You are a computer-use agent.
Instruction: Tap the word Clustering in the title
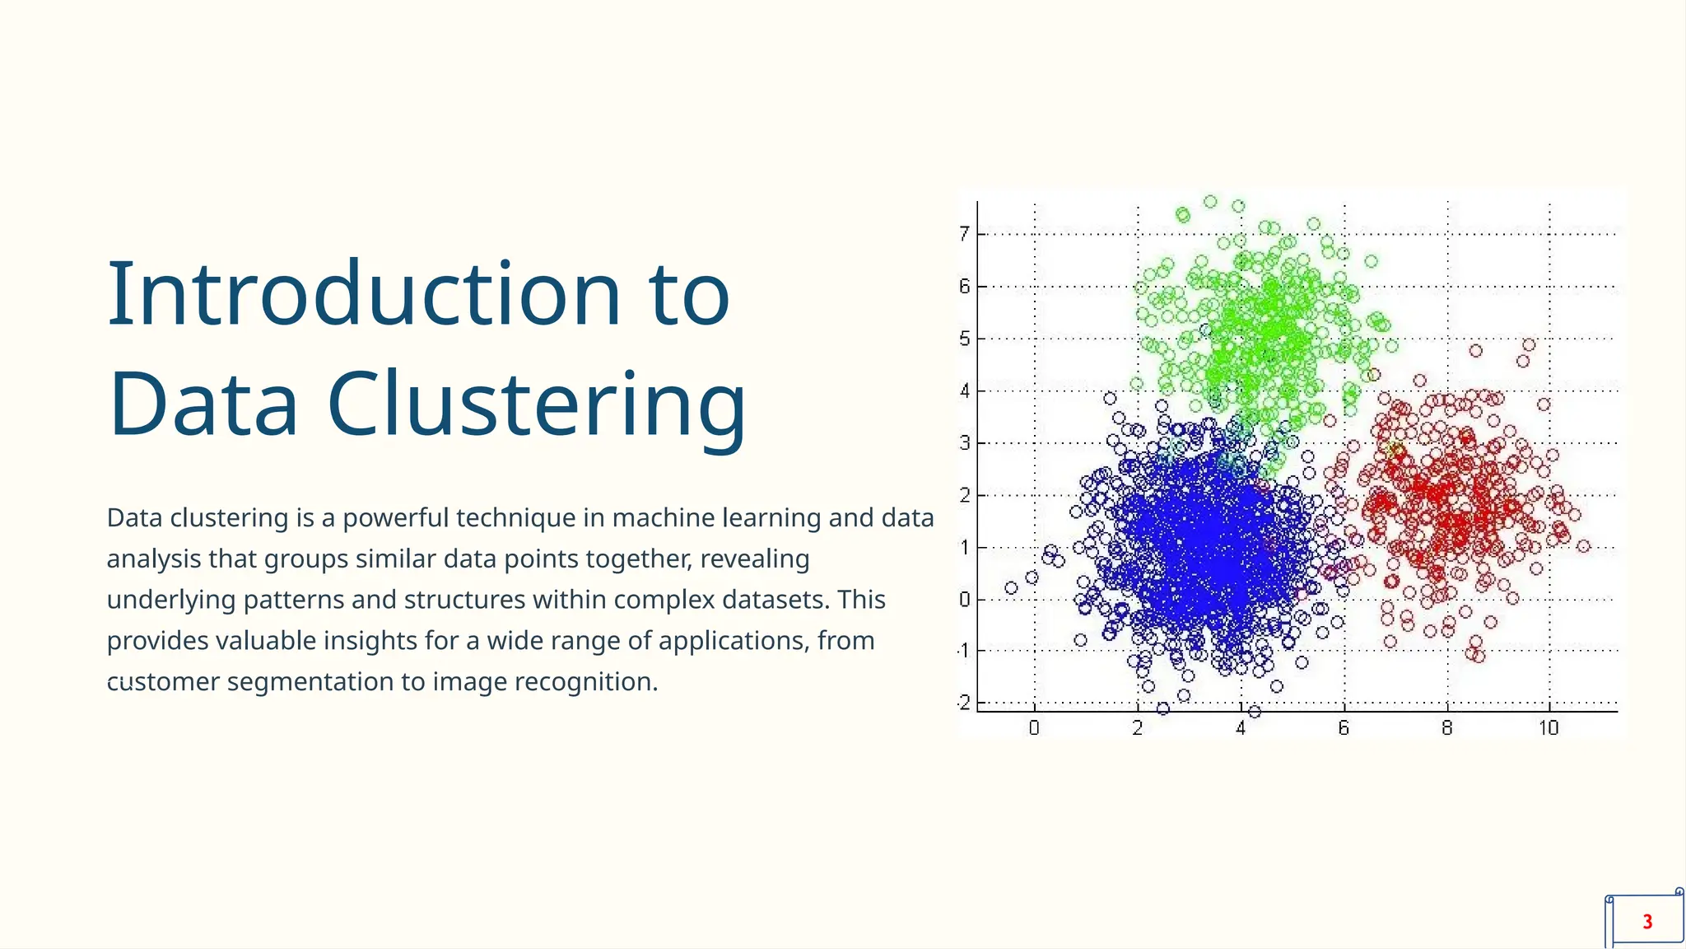pyautogui.click(x=536, y=405)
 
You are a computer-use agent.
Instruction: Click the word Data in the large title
pyautogui.click(x=203, y=405)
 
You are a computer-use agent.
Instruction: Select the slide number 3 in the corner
pyautogui.click(x=1646, y=922)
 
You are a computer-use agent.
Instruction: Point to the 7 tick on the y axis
pyautogui.click(x=964, y=234)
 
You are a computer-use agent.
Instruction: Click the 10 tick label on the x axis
pyautogui.click(x=1549, y=728)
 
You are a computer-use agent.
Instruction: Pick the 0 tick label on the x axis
pyautogui.click(x=1034, y=728)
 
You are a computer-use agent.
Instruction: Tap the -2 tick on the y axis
pyautogui.click(x=963, y=703)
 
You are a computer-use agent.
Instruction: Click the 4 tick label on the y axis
pyautogui.click(x=964, y=390)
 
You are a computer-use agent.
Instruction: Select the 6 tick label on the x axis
pyautogui.click(x=1344, y=728)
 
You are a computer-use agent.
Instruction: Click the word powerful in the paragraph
pyautogui.click(x=395, y=518)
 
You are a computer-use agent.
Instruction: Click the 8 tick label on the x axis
pyautogui.click(x=1446, y=728)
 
